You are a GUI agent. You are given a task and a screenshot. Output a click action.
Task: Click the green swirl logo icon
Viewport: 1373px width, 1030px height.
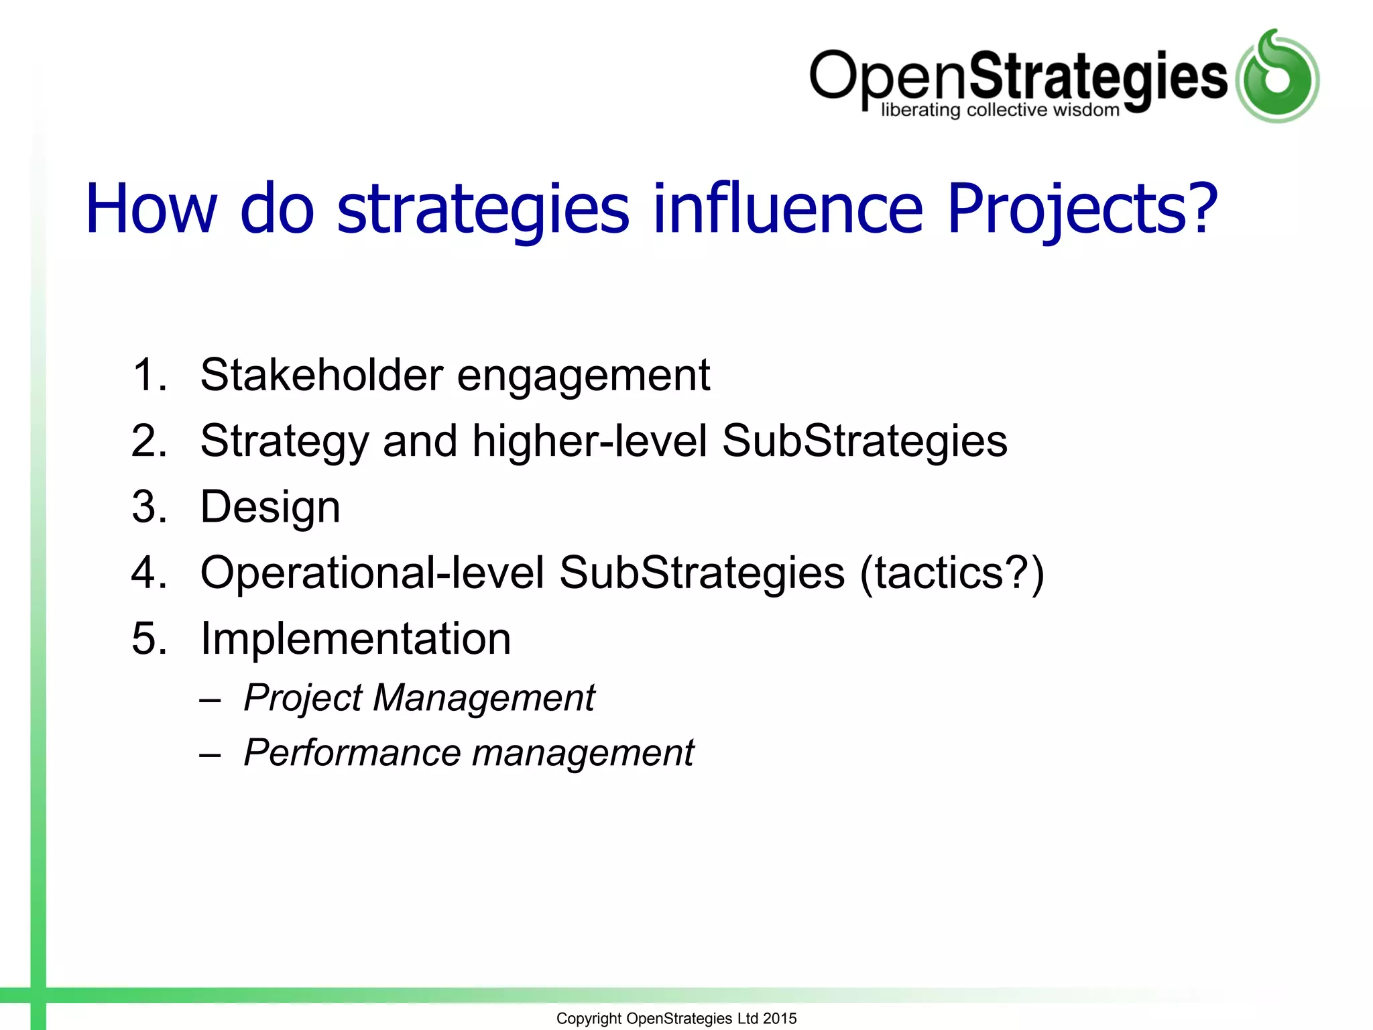1277,76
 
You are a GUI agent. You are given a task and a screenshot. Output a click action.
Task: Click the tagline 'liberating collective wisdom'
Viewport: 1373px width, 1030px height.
1000,111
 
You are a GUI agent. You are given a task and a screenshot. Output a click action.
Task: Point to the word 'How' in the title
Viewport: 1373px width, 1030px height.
152,209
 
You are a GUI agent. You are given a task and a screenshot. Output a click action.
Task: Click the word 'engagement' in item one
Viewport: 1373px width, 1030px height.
583,376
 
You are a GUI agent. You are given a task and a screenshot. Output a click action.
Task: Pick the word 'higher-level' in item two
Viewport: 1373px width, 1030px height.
590,441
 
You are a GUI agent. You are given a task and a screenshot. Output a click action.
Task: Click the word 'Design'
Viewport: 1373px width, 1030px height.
270,508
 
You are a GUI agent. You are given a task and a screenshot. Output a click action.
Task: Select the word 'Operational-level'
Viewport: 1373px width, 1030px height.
372,573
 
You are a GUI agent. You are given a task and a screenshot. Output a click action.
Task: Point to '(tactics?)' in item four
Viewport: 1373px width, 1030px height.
952,574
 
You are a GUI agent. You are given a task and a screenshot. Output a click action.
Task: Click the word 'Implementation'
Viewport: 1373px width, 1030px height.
355,638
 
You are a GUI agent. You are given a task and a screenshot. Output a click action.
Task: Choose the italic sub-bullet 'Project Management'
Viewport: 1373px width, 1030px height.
419,698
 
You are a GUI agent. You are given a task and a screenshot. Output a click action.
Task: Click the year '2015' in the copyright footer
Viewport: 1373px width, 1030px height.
780,1019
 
